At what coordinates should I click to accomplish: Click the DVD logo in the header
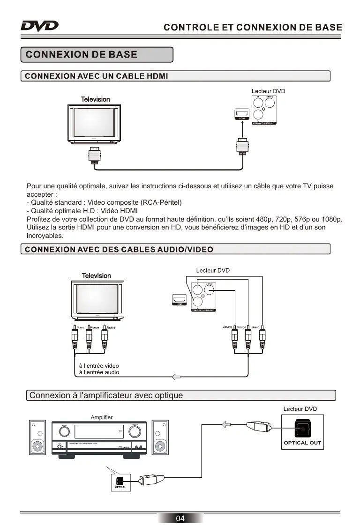[x=39, y=25]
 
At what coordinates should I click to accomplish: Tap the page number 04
[x=180, y=518]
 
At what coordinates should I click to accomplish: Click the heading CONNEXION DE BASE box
[x=97, y=54]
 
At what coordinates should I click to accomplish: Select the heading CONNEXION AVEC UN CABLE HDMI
[x=97, y=76]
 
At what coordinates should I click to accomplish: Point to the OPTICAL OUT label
[x=302, y=443]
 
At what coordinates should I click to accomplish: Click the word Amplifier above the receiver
[x=101, y=417]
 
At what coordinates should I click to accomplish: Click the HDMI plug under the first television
[x=95, y=155]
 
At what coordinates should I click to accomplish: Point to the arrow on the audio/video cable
[x=177, y=376]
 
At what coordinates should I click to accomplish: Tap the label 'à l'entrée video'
[x=99, y=365]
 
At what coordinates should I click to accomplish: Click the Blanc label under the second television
[x=80, y=327]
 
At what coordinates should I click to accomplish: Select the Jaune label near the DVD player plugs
[x=227, y=326]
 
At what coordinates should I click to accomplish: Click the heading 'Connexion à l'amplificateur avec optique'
[x=106, y=395]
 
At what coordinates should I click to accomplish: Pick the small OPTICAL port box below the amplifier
[x=120, y=481]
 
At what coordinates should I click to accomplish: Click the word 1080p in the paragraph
[x=332, y=219]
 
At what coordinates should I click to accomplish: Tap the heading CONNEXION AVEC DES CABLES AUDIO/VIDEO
[x=119, y=249]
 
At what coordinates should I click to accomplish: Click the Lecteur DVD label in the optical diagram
[x=300, y=409]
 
